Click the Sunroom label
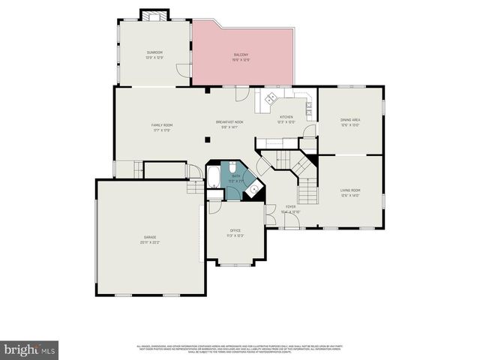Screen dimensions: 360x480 click(155, 52)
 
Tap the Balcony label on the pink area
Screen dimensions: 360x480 click(241, 55)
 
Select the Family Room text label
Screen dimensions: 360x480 click(162, 124)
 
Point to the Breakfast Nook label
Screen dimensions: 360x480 click(229, 122)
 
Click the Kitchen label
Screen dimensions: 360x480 click(286, 117)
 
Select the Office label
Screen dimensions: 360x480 click(235, 230)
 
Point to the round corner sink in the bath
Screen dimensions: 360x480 click(255, 189)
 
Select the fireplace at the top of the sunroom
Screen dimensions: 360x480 click(155, 15)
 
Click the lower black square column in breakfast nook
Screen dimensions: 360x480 click(208, 139)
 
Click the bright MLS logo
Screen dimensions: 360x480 click(30, 349)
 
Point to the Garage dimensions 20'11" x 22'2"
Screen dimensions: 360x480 click(150, 242)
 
